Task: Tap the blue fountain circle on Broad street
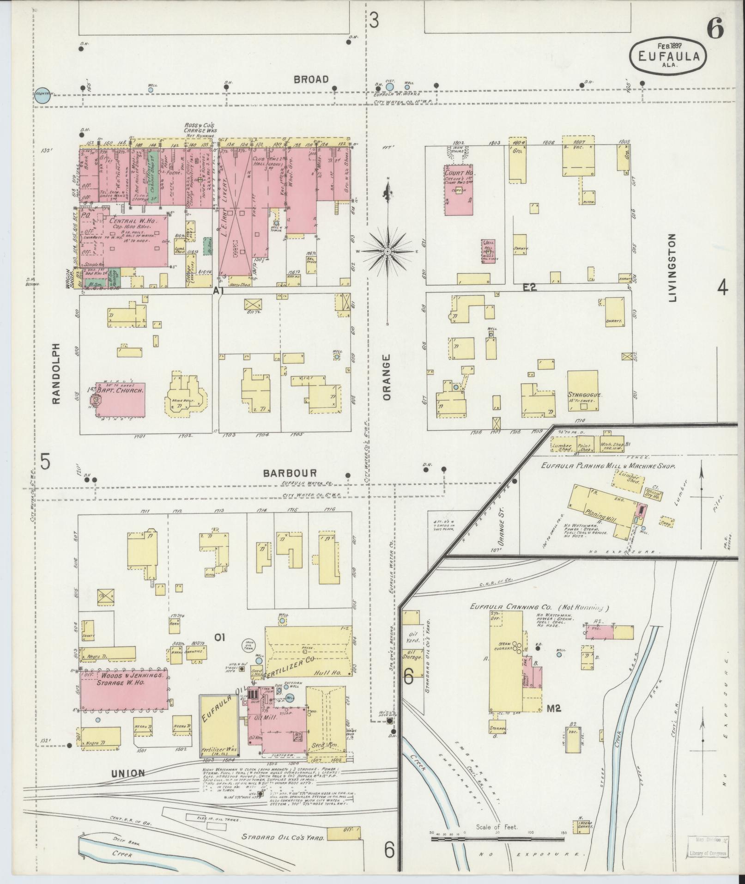click(x=42, y=95)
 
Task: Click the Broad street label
click(x=312, y=79)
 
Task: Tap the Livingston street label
click(x=672, y=268)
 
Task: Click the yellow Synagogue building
click(x=583, y=391)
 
